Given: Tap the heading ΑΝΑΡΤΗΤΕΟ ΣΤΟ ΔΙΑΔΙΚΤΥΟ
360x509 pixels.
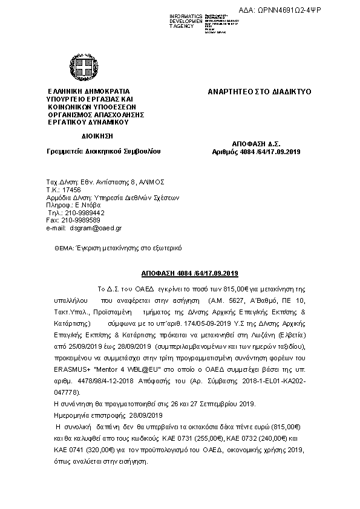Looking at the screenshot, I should (x=259, y=92).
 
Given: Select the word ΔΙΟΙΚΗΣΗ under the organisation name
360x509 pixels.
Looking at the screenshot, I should (x=96, y=136).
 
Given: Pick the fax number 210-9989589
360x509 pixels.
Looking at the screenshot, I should (x=83, y=220).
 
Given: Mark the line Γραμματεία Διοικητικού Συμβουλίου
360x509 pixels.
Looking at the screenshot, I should (x=103, y=151).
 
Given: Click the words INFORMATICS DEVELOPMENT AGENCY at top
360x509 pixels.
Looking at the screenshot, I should (x=186, y=21).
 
